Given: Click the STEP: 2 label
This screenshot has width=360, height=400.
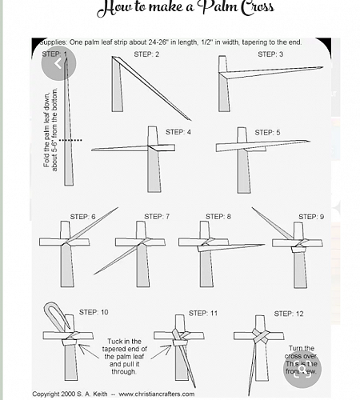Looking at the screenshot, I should click(146, 54).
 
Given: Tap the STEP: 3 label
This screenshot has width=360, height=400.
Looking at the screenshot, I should click(270, 54).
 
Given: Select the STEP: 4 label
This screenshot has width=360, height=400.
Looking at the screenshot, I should click(178, 132).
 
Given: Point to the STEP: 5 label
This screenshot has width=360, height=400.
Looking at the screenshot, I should click(267, 132).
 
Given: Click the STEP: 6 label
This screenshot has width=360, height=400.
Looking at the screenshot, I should click(82, 217).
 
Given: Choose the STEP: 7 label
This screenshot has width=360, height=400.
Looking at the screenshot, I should click(157, 217).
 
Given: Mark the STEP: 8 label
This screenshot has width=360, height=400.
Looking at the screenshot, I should click(218, 217).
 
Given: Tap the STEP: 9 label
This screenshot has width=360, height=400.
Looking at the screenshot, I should click(311, 217).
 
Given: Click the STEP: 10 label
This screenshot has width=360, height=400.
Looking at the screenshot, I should click(94, 312).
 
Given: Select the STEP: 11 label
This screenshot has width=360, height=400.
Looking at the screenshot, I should click(203, 313).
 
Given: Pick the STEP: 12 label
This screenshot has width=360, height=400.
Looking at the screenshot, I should click(288, 314).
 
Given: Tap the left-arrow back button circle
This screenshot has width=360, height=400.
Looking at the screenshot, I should click(58, 64).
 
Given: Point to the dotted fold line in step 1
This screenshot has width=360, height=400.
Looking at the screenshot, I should click(71, 141).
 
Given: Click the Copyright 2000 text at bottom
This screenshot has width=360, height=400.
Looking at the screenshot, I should click(58, 394).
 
